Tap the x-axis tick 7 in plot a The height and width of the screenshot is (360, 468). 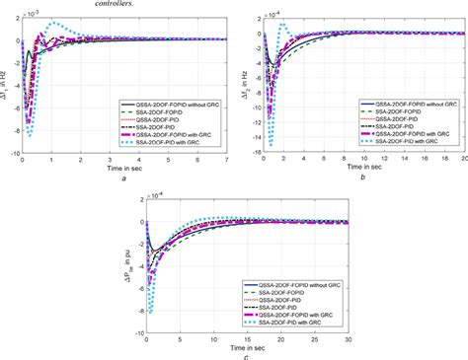(226, 160)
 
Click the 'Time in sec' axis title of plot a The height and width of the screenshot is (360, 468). (119, 169)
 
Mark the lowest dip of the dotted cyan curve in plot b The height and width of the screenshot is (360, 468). (270, 145)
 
